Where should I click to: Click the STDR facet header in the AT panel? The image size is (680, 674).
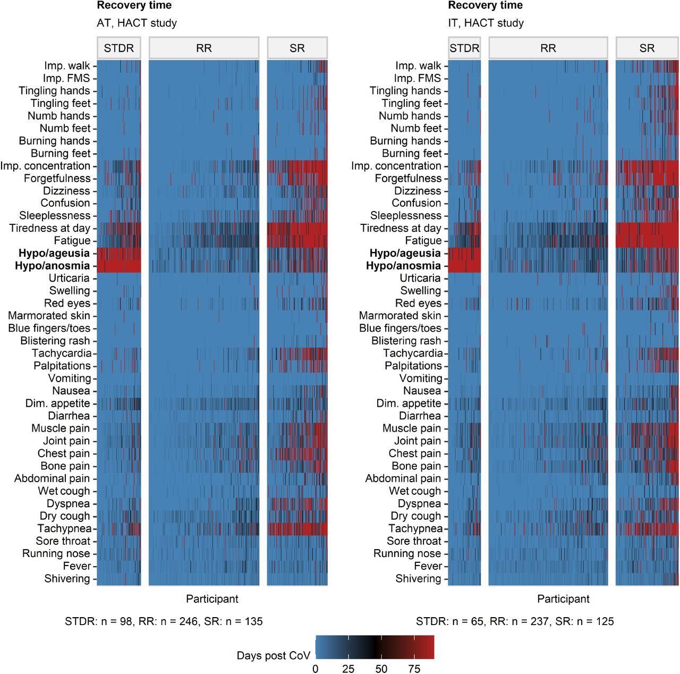[x=119, y=48]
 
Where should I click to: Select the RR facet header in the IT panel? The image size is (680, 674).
[x=548, y=48]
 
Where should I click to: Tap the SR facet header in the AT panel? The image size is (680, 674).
[x=297, y=48]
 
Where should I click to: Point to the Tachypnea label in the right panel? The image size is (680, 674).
[x=415, y=528]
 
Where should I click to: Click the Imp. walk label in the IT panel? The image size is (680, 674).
[x=418, y=66]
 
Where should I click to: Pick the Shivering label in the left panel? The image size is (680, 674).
[x=67, y=578]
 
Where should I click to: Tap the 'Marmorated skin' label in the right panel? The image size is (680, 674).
[x=400, y=316]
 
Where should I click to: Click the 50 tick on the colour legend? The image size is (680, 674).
[x=381, y=668]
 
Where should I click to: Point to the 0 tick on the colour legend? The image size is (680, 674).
[x=316, y=668]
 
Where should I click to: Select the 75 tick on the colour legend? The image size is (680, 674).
[x=414, y=668]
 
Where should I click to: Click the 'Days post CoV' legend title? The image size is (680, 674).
[x=273, y=655]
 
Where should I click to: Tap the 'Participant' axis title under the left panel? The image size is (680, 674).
[x=212, y=599]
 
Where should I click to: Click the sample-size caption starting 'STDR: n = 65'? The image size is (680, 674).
[x=515, y=621]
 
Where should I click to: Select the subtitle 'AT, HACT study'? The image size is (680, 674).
[x=137, y=23]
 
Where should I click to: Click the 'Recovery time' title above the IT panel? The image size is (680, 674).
[x=485, y=5]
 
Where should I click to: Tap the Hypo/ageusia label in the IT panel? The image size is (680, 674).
[x=405, y=253]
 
